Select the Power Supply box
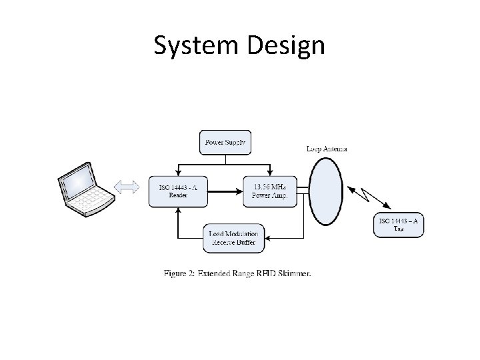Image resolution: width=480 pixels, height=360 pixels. click(225, 142)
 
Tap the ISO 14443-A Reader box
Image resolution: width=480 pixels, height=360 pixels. click(173, 191)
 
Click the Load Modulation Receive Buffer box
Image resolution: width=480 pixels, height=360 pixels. click(233, 238)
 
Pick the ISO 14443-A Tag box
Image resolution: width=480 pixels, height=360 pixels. click(399, 224)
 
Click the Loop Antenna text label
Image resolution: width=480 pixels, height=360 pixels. click(327, 149)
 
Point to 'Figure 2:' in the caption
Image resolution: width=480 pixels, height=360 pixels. click(180, 273)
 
